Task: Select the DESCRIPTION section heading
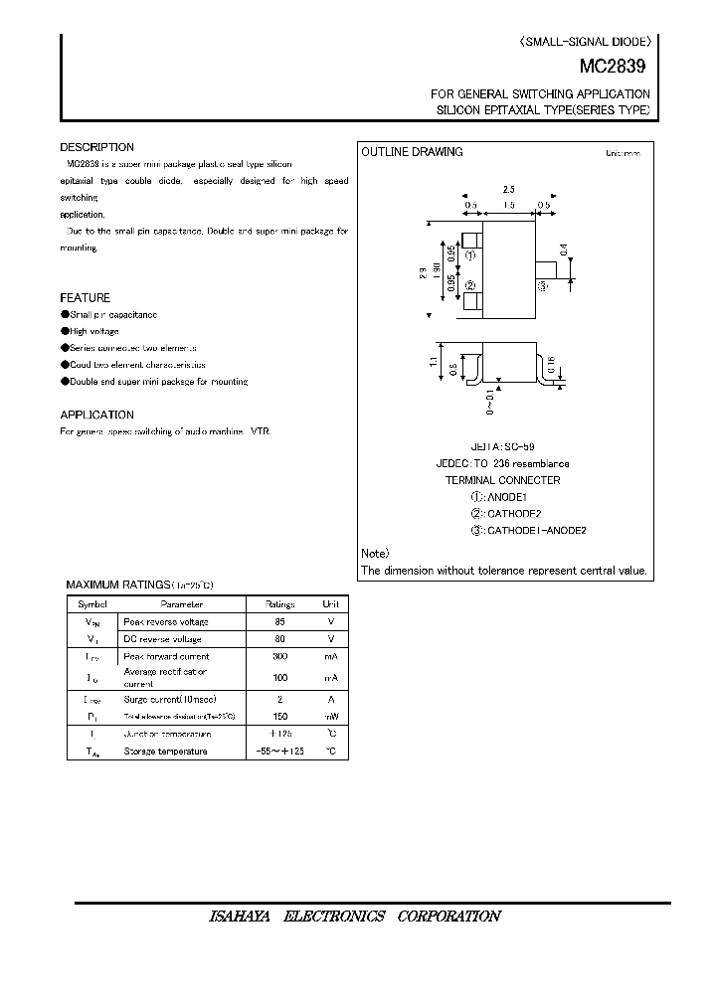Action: [96, 147]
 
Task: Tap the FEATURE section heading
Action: [85, 298]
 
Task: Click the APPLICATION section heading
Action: [96, 415]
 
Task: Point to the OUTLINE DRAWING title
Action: [412, 152]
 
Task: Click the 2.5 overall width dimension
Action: [507, 188]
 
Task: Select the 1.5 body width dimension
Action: [507, 205]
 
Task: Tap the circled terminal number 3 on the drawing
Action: [543, 286]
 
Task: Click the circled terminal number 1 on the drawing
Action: [470, 255]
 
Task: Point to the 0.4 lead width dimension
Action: [563, 250]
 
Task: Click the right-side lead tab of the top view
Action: [545, 270]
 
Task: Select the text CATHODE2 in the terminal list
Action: [513, 514]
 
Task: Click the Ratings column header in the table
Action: [280, 603]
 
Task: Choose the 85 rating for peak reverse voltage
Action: [280, 621]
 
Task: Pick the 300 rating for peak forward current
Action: [280, 657]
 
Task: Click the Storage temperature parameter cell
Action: [165, 752]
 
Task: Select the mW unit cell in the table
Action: [330, 716]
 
